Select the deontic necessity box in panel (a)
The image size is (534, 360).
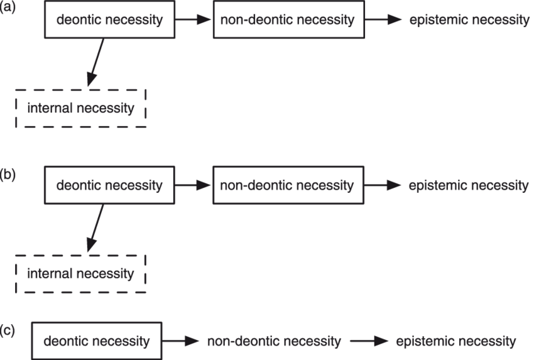coord(109,19)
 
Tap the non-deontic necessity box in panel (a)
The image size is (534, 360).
coord(289,19)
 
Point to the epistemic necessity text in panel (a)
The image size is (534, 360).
coord(469,19)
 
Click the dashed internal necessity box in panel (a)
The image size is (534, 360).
coord(80,108)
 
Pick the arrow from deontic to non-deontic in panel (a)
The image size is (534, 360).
coord(194,19)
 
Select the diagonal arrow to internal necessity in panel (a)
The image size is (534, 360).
coord(96,63)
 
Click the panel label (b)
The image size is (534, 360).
coord(8,174)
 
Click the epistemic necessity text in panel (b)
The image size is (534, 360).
coord(469,185)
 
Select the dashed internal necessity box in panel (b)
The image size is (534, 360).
coord(80,273)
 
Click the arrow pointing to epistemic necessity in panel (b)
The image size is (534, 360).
coord(383,185)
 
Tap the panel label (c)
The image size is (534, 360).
coord(8,330)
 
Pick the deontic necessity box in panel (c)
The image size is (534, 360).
coord(97,341)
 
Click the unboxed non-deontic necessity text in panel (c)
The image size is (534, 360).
coord(274,341)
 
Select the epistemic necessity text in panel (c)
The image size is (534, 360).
coord(456,341)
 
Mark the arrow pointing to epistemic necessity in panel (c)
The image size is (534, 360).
coord(369,341)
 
